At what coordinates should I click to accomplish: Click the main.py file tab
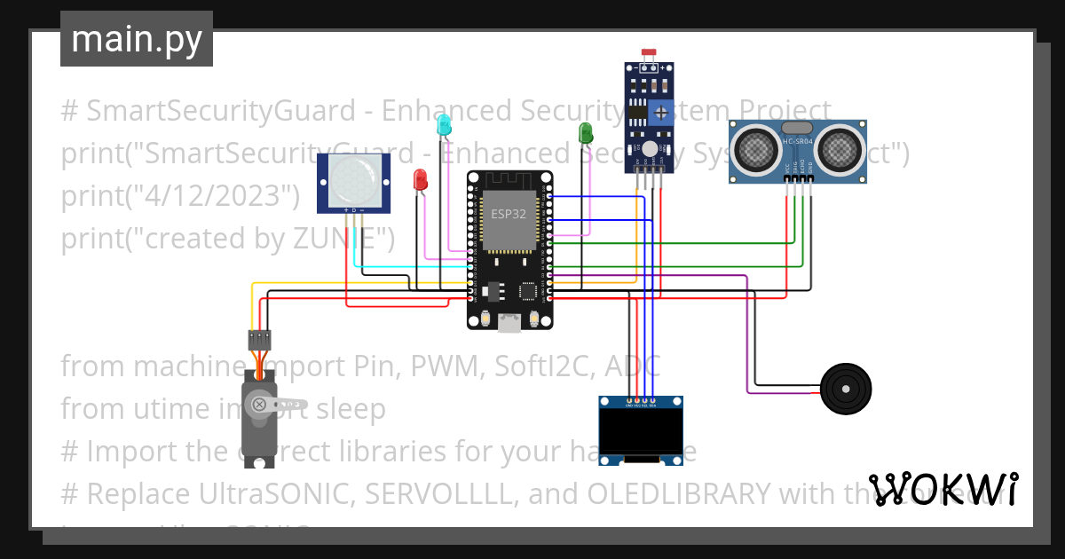coord(136,39)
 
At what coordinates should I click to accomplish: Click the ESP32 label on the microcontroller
coord(508,214)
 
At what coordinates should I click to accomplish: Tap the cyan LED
coord(443,127)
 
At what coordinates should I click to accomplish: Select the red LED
coord(420,179)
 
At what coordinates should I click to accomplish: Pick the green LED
coord(585,133)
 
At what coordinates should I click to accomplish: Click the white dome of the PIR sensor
coord(354,182)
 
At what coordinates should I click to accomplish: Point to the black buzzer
coord(846,389)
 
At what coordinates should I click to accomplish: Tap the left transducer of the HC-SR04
coord(757,146)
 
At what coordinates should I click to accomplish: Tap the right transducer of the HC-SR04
coord(839,146)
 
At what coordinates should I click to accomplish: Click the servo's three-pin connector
coord(259,338)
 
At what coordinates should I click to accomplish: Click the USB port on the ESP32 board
coord(509,324)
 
